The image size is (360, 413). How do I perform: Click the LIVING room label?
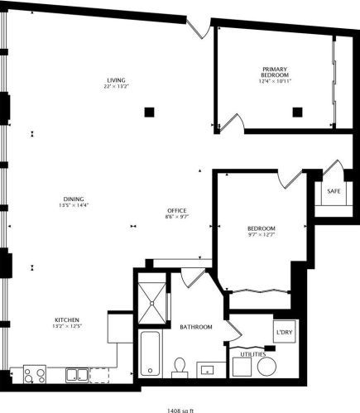point(115,80)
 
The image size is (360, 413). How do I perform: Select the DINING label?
point(73,199)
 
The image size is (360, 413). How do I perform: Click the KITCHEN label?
point(67,319)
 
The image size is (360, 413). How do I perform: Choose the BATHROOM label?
point(196,327)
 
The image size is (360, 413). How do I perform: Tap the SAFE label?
point(334,191)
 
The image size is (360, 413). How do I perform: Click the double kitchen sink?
point(76,374)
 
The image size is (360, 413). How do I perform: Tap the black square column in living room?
point(149,112)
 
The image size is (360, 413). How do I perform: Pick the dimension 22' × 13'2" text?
point(115,86)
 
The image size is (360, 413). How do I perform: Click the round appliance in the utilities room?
point(266,366)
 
